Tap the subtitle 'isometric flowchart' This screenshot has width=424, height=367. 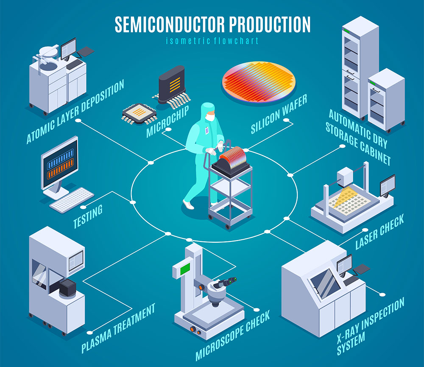(x=212, y=41)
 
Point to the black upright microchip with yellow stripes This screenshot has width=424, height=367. (x=172, y=84)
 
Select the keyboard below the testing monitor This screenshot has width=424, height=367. (x=72, y=200)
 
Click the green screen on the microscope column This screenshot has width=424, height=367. (x=185, y=269)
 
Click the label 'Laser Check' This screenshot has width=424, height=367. (x=379, y=232)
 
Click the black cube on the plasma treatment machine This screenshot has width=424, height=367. (x=68, y=288)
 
